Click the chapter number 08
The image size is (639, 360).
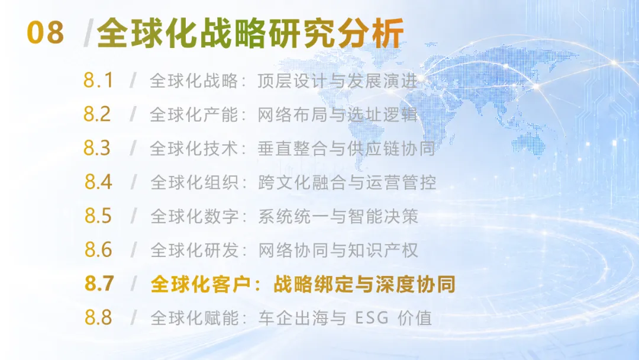(x=45, y=33)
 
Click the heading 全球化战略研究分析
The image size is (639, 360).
(x=250, y=33)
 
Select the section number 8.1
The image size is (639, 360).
(x=98, y=81)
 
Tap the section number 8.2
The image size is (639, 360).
(x=97, y=114)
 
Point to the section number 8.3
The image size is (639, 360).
(x=97, y=148)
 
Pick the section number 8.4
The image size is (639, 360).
(x=98, y=182)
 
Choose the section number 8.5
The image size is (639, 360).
(x=98, y=216)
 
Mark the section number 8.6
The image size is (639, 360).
(x=98, y=249)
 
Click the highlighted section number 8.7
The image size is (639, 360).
(x=99, y=284)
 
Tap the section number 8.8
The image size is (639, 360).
(x=98, y=317)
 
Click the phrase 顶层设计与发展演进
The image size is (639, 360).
(x=337, y=81)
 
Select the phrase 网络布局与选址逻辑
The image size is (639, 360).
(x=337, y=115)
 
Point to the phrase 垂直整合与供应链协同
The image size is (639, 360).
(x=346, y=149)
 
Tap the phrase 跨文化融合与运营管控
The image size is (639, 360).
(x=347, y=182)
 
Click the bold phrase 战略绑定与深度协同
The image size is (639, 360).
(x=364, y=284)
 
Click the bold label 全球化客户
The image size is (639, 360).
(x=201, y=284)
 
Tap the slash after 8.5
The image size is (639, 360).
(x=133, y=216)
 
